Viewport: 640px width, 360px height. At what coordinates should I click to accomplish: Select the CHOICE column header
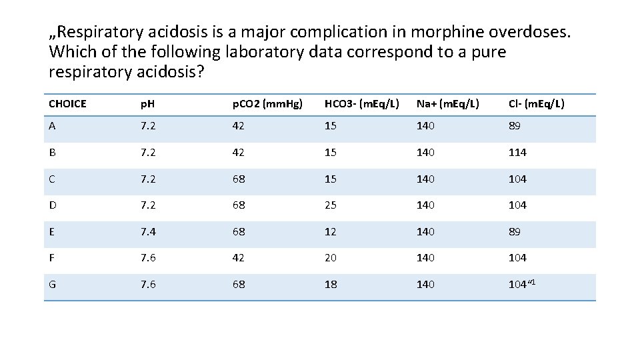click(x=67, y=104)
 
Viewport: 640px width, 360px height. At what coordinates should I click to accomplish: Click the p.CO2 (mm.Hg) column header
click(x=267, y=104)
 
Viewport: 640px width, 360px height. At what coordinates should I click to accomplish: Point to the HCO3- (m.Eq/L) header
click(x=361, y=104)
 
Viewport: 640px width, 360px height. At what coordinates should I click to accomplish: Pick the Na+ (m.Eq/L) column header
click(x=451, y=104)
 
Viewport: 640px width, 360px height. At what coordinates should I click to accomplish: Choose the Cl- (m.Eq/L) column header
click(x=536, y=104)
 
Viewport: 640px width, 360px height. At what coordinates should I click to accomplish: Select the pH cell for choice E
click(x=148, y=232)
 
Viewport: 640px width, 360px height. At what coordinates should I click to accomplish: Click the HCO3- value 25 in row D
click(x=331, y=205)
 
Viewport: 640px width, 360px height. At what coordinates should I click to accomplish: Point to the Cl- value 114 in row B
click(x=517, y=153)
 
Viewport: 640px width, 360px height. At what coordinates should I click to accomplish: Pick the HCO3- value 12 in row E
click(x=331, y=232)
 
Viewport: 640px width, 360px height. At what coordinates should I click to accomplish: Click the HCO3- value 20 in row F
click(x=331, y=258)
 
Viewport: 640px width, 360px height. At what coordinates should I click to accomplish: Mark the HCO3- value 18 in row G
click(x=331, y=285)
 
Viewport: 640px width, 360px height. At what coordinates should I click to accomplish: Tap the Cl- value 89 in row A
click(x=515, y=126)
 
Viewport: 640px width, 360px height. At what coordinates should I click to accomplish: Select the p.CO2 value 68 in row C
click(x=239, y=179)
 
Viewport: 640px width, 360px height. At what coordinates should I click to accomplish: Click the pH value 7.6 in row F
click(x=148, y=258)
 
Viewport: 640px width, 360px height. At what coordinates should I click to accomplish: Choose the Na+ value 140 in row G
click(x=425, y=285)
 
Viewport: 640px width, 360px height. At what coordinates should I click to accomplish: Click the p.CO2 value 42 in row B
click(x=239, y=153)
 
